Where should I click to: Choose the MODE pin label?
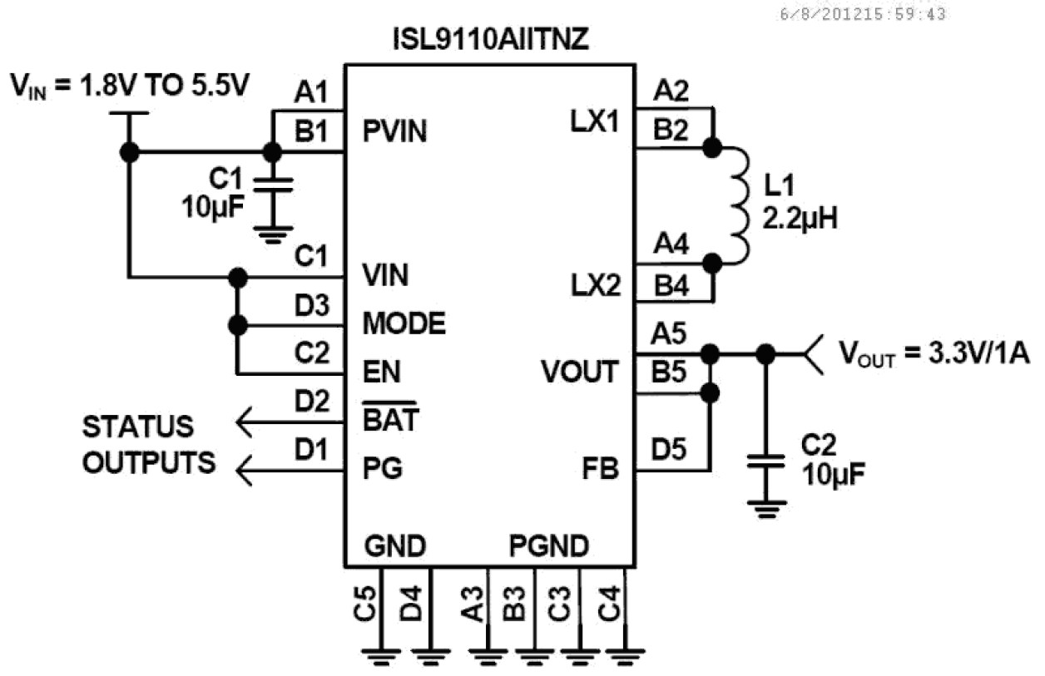404,323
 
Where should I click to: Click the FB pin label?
602,470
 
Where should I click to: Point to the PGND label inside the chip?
549,546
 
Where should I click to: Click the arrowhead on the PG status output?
246,472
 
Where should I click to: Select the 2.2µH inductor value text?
800,220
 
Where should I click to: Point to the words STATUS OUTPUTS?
150,445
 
